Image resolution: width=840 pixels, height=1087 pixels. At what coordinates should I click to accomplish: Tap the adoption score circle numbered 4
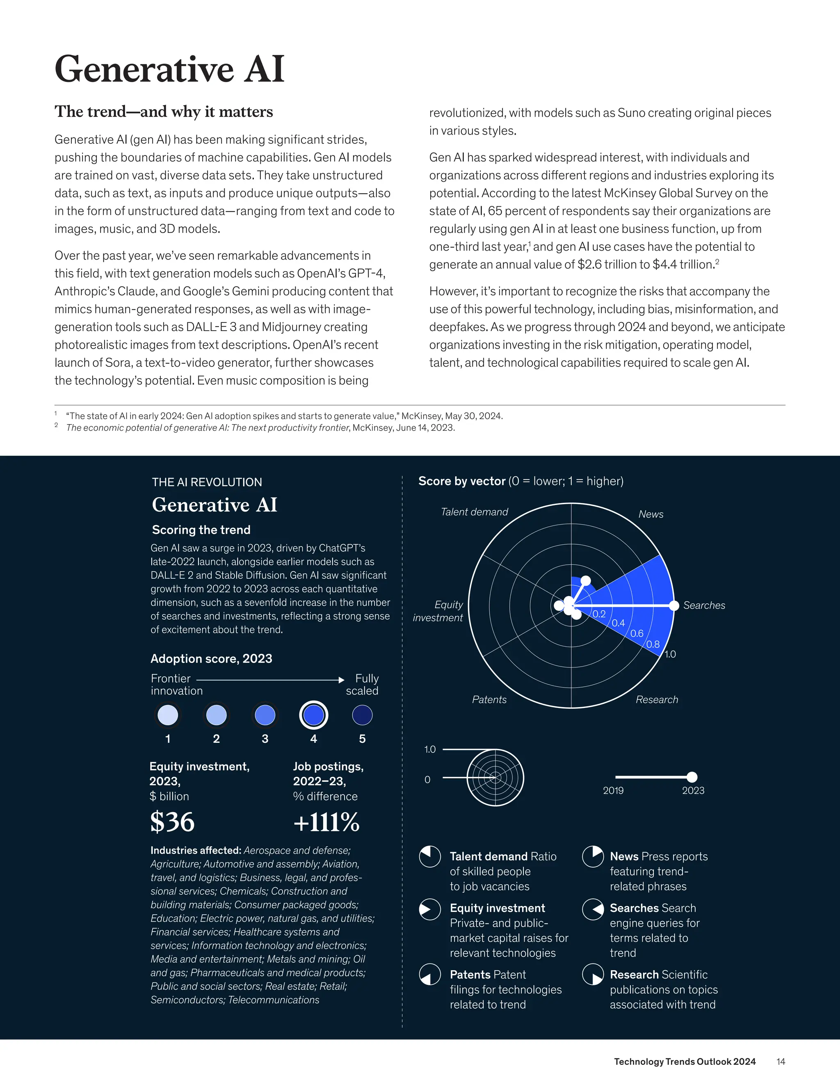coord(313,715)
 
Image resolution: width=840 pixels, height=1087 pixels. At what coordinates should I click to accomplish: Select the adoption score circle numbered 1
coord(168,715)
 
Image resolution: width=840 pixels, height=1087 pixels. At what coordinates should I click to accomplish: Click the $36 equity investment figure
coord(172,822)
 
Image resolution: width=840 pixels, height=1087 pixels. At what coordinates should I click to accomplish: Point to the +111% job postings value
coord(326,822)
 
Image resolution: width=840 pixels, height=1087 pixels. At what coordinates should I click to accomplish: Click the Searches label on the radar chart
coord(704,605)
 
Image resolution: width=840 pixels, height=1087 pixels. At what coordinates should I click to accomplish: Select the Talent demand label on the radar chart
coord(474,512)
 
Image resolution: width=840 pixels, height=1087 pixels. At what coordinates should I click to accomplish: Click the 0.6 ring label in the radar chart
coord(637,633)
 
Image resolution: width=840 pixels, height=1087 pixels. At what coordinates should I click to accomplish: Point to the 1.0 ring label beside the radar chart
coord(670,654)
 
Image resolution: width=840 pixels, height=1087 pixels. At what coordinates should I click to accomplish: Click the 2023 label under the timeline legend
coord(693,790)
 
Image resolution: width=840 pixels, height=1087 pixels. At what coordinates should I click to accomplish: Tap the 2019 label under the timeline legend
coord(613,790)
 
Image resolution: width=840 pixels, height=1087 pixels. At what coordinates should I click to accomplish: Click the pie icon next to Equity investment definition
coord(430,909)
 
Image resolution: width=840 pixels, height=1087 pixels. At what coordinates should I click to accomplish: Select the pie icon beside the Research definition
coord(593,975)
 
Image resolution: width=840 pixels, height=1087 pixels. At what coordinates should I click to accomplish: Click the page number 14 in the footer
coord(780,1062)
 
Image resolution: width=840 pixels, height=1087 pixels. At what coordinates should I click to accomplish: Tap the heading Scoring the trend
coord(201,530)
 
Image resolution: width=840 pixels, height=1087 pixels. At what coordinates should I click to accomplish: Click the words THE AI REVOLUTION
coord(207,482)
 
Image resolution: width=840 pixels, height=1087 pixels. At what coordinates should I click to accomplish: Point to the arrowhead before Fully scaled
coord(341,680)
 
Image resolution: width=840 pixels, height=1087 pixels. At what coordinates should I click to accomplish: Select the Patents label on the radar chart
coord(489,699)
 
